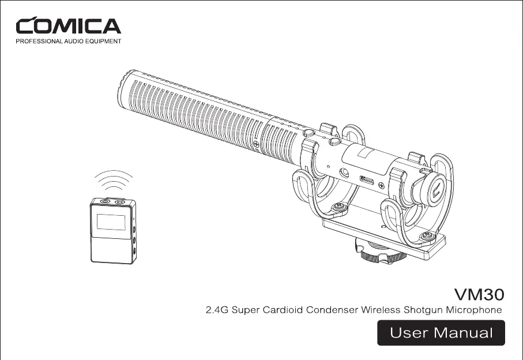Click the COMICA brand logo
click(69, 26)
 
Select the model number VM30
click(479, 294)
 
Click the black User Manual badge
click(441, 333)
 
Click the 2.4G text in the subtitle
click(217, 310)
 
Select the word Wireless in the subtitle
click(381, 310)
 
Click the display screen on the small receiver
click(111, 222)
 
